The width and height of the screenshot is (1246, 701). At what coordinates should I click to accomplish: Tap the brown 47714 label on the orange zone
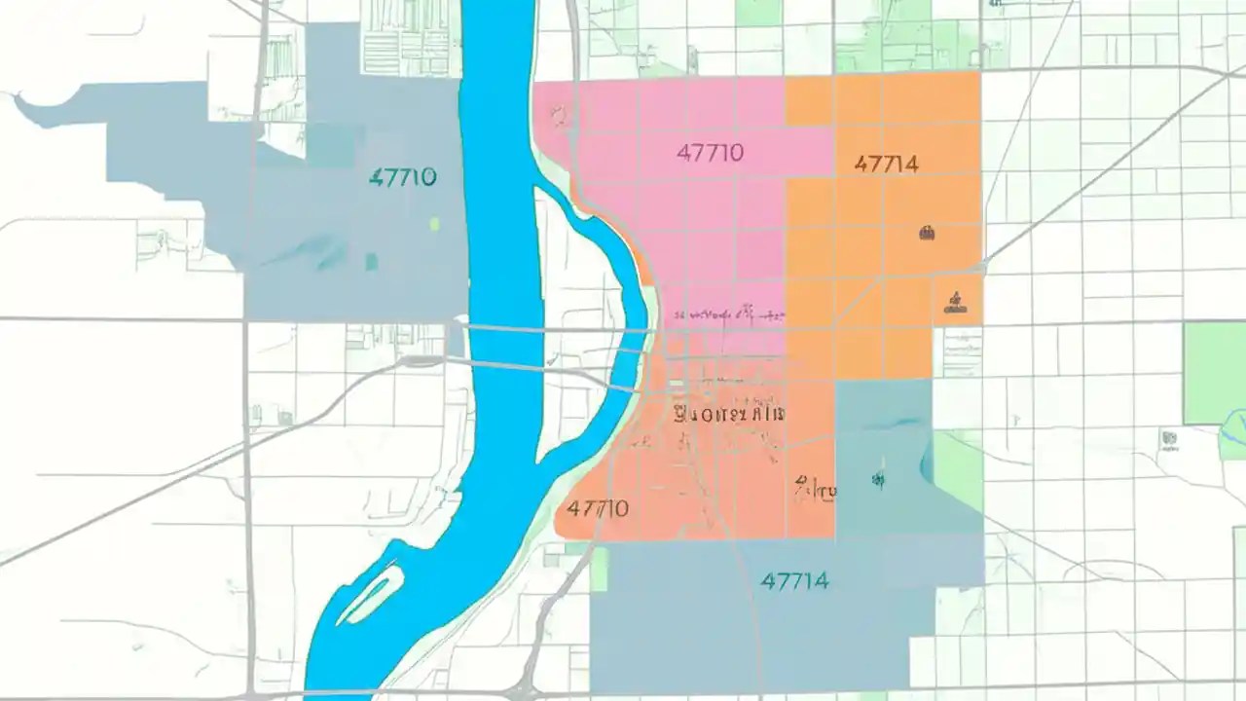tap(886, 164)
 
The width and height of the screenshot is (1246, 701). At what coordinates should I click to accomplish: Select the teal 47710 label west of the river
tap(403, 177)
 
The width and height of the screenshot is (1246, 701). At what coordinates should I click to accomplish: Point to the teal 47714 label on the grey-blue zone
tap(795, 581)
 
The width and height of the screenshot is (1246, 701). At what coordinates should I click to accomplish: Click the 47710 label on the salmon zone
tap(598, 508)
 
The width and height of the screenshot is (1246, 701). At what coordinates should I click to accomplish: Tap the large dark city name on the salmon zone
tap(729, 413)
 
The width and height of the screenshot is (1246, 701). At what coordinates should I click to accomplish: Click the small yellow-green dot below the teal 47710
tap(434, 224)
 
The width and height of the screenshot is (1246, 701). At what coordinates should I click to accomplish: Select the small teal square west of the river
tap(371, 261)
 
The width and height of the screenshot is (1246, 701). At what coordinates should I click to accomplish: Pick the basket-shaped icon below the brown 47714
tap(926, 232)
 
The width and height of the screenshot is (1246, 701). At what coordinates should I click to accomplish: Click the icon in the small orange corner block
tap(955, 302)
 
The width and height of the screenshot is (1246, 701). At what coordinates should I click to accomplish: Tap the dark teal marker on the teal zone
tap(877, 478)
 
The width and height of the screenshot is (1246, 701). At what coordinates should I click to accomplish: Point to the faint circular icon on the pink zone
tap(559, 117)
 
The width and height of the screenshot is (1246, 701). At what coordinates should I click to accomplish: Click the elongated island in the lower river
tap(371, 593)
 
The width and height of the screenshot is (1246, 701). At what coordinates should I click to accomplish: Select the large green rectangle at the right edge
tap(1214, 373)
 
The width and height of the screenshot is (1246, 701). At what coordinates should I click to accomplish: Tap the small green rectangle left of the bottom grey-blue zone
tap(599, 569)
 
